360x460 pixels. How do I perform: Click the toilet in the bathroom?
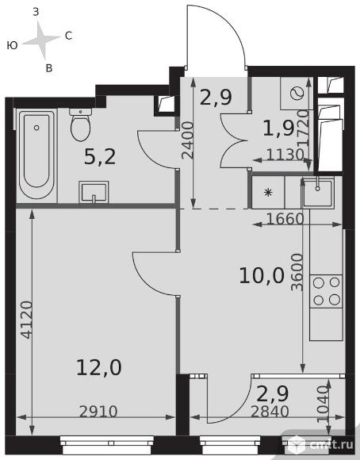point(80,125)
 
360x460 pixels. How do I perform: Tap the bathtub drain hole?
point(36,128)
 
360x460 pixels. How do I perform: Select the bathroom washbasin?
point(94,192)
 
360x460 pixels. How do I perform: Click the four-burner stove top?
point(326,291)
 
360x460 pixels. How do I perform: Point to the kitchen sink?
point(318,193)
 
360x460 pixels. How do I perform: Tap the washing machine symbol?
point(297,94)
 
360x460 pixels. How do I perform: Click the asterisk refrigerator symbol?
point(268,193)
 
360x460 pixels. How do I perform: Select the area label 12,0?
point(99,368)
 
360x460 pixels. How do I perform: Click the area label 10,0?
point(262,276)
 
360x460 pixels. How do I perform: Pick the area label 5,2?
point(100,156)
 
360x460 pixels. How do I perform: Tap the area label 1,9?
point(278,128)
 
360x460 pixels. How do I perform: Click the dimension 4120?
point(27,320)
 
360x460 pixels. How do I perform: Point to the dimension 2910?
point(98,412)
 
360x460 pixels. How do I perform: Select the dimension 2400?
point(187,140)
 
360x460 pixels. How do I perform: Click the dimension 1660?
point(285,219)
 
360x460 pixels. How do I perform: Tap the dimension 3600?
point(297,272)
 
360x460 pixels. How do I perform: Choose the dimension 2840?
point(270,412)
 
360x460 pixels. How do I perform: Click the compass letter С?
point(68,36)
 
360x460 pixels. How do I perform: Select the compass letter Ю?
point(12,45)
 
